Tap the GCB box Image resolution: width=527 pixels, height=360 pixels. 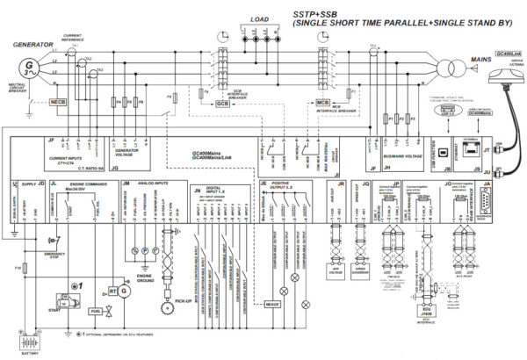[222, 104]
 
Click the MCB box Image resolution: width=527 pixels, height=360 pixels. [322, 104]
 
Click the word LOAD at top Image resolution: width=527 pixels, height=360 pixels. [261, 18]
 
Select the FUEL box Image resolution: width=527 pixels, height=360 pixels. [95, 310]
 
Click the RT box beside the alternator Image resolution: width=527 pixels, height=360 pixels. [112, 292]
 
